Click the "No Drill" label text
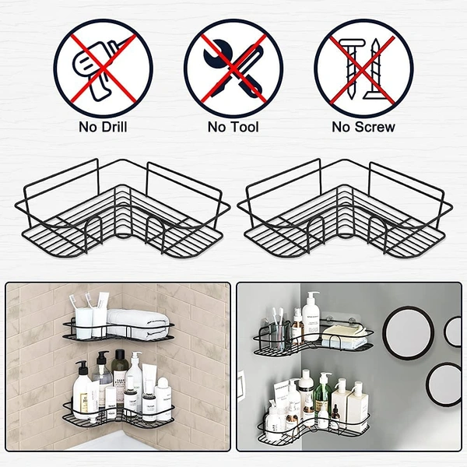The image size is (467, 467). pyautogui.click(x=102, y=126)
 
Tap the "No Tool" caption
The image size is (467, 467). pyautogui.click(x=233, y=126)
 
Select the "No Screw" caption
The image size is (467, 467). pyautogui.click(x=363, y=126)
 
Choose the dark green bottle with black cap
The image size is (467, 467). pyautogui.click(x=119, y=370)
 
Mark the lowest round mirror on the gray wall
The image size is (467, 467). pyautogui.click(x=444, y=386)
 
